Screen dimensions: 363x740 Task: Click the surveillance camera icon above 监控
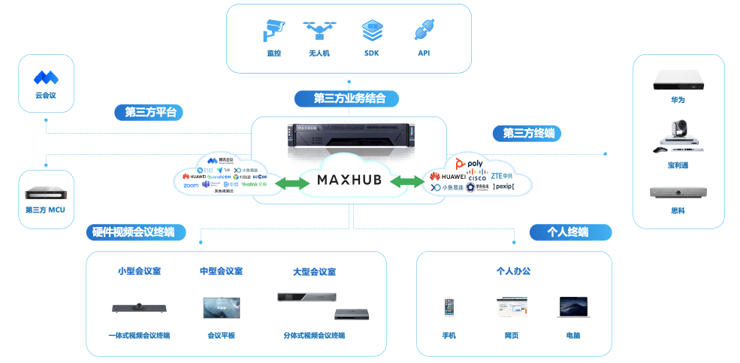click(x=273, y=31)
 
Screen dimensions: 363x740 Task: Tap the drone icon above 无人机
click(x=319, y=31)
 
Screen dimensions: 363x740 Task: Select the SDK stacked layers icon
click(x=372, y=31)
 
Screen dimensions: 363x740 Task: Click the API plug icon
click(x=424, y=31)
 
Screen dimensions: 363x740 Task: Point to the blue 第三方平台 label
click(x=150, y=113)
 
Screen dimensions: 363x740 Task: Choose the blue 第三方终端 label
click(x=527, y=133)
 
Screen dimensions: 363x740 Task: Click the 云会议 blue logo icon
click(x=46, y=77)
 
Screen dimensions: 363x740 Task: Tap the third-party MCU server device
click(x=46, y=193)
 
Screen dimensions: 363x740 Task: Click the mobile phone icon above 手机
click(x=449, y=307)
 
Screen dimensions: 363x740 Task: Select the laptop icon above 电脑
click(x=571, y=306)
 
